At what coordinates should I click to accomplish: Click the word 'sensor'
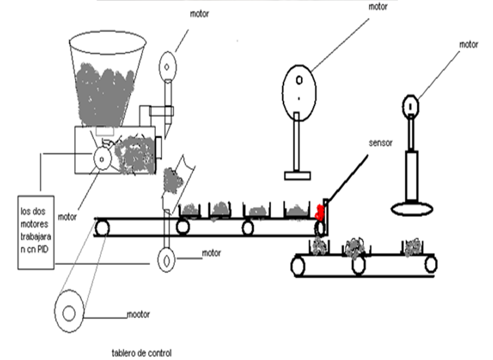(380, 143)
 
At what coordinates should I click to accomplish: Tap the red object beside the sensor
(320, 212)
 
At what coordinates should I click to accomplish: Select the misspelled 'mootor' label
(139, 314)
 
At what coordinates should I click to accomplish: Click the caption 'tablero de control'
(142, 353)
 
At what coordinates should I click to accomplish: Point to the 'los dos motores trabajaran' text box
(36, 233)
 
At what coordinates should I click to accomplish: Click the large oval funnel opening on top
(108, 42)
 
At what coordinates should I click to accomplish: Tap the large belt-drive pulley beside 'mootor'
(69, 311)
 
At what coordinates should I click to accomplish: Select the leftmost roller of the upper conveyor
(102, 228)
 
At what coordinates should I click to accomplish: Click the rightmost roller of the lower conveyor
(431, 264)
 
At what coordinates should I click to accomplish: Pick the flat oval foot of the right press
(412, 208)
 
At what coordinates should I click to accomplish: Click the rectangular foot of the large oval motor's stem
(297, 176)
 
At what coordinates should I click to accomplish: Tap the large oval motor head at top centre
(299, 93)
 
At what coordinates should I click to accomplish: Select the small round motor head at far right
(410, 106)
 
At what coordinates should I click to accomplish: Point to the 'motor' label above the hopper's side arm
(199, 14)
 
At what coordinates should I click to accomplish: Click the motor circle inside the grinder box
(102, 159)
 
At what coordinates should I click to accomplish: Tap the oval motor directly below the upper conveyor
(166, 260)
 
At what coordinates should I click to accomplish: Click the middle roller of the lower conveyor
(358, 265)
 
